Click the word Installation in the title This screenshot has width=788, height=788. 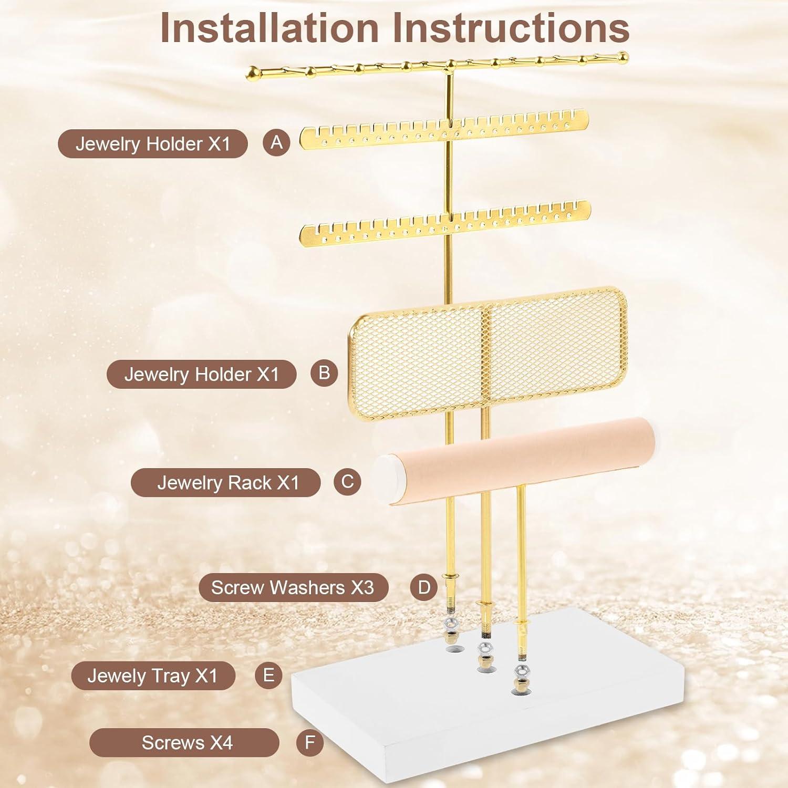[x=269, y=28]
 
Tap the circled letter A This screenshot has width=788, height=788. [x=276, y=143]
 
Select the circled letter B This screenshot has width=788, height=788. [x=324, y=373]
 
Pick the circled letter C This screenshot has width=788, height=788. [x=347, y=482]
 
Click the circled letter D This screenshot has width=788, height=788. [x=424, y=587]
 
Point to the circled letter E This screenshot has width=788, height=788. [x=268, y=675]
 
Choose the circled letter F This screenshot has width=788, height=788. [x=310, y=743]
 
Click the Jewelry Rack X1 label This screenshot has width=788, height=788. [x=226, y=482]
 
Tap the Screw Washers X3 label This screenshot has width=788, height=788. [x=293, y=587]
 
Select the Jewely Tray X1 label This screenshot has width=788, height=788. [x=153, y=676]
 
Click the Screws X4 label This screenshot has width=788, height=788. [x=184, y=743]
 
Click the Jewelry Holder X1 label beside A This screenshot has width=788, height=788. [x=152, y=143]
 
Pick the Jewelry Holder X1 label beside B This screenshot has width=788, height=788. [x=201, y=374]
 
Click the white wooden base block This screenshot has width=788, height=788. [x=473, y=725]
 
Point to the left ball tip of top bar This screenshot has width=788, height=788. [x=252, y=72]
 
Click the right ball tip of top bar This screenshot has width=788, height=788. [x=623, y=56]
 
